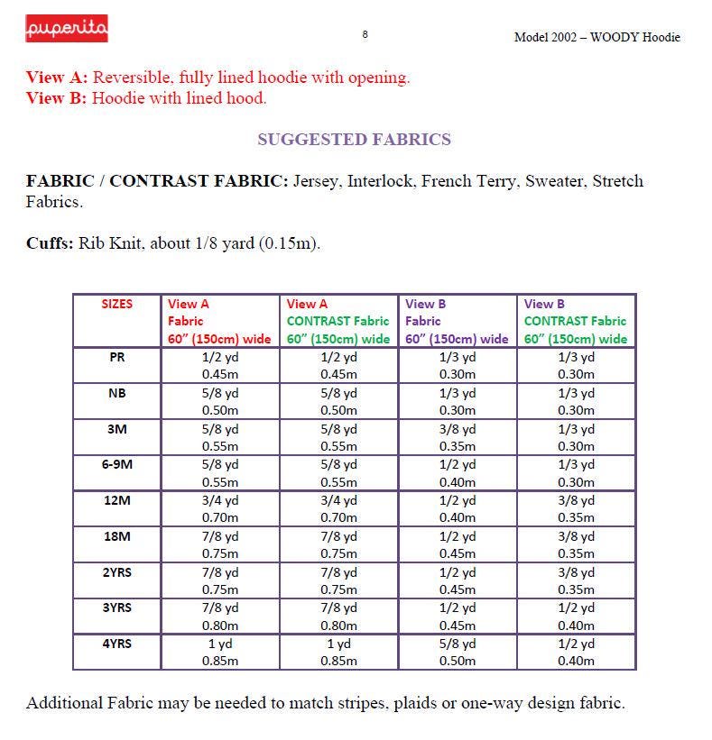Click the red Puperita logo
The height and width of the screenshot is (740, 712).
coord(66,30)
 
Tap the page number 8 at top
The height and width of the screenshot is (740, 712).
coord(365,34)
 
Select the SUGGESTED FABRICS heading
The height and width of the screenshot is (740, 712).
coord(354,140)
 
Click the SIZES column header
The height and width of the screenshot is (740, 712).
coord(117,305)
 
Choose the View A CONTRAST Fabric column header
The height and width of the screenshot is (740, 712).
coord(338,321)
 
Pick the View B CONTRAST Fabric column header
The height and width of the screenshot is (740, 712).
coord(575,321)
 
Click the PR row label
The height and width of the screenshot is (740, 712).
coord(117,357)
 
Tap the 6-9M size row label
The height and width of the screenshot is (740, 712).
coord(117,464)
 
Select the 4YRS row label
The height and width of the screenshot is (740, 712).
coord(117,644)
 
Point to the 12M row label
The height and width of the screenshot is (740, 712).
coord(117,500)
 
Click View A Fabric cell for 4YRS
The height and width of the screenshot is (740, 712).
coord(220,652)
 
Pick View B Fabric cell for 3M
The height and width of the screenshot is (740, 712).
coord(458,437)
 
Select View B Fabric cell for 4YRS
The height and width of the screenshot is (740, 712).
coord(458,652)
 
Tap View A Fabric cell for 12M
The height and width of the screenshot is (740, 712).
coord(220,508)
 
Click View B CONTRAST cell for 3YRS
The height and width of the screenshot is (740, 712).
coord(576,616)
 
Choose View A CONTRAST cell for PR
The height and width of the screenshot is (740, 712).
coord(338,365)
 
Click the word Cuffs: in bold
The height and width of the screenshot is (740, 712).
coord(50,243)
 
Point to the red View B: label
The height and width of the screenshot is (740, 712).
coord(56,98)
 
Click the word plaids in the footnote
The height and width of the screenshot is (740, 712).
coord(414,703)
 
